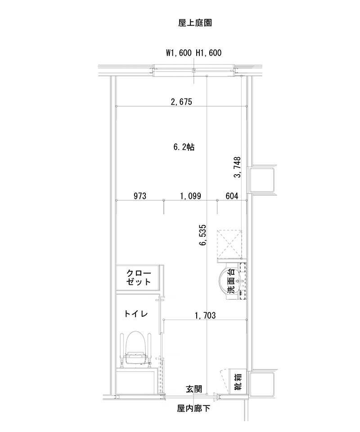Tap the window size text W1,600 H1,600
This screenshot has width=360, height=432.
click(193, 53)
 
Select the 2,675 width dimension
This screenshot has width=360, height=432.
click(181, 102)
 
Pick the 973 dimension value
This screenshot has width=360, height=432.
click(141, 196)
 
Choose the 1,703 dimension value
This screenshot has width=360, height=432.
click(205, 315)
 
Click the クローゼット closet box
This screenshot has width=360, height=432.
click(138, 277)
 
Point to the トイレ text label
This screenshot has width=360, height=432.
click(136, 314)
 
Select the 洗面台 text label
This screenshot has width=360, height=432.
click(231, 282)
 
